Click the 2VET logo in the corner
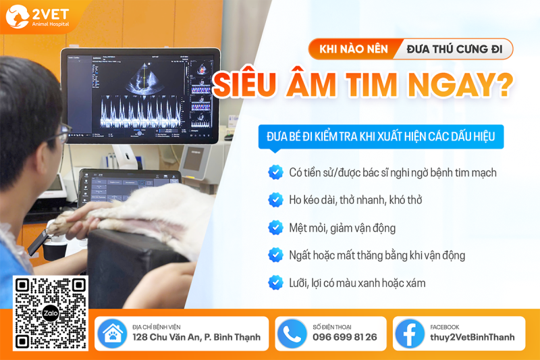38,16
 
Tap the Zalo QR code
51,313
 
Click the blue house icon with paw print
113,334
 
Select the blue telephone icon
292,334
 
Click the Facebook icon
410,334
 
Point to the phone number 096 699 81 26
345,337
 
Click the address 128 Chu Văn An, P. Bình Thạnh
196,337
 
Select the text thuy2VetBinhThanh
472,337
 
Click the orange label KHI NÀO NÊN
354,49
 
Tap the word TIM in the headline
372,84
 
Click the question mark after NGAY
505,84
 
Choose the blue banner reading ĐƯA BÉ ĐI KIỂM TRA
381,136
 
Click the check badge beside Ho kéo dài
275,200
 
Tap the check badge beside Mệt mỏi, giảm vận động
275,228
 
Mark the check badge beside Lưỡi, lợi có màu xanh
275,282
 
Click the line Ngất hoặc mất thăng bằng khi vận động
377,255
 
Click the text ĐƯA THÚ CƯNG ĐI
454,49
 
